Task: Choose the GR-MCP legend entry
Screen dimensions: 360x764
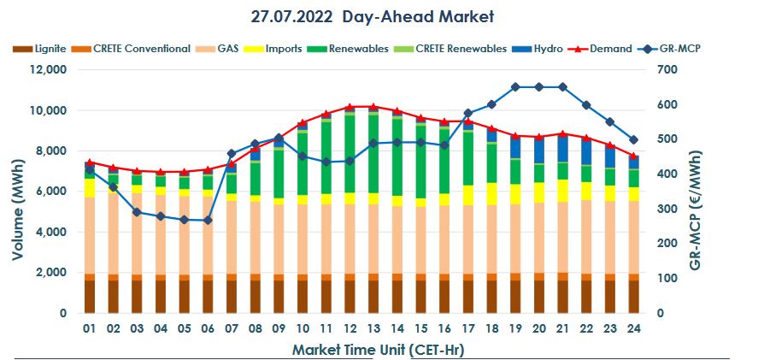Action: (680, 49)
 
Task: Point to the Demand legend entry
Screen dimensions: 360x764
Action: (609, 49)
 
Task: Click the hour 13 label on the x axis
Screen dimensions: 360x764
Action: (373, 328)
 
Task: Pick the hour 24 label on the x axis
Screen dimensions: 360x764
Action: (633, 328)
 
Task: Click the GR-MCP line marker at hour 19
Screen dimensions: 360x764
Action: (515, 87)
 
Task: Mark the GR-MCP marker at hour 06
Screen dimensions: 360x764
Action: (207, 221)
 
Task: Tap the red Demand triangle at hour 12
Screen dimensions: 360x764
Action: (350, 107)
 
